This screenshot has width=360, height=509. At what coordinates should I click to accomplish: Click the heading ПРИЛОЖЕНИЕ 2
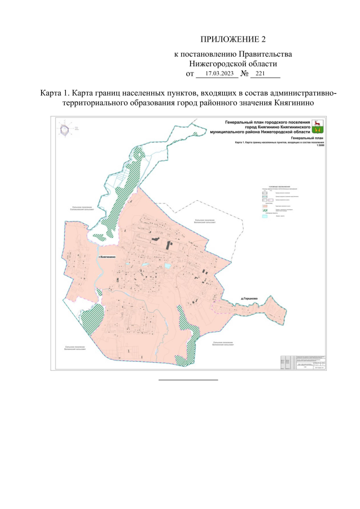(x=232, y=39)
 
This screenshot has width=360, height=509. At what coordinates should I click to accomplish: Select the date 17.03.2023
(x=219, y=74)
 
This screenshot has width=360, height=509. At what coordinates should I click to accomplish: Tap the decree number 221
(x=260, y=74)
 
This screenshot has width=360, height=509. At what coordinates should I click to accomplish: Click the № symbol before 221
(x=245, y=74)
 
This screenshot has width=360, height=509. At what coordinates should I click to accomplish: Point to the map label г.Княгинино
(x=106, y=257)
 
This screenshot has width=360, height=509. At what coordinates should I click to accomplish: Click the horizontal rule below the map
(x=187, y=380)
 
